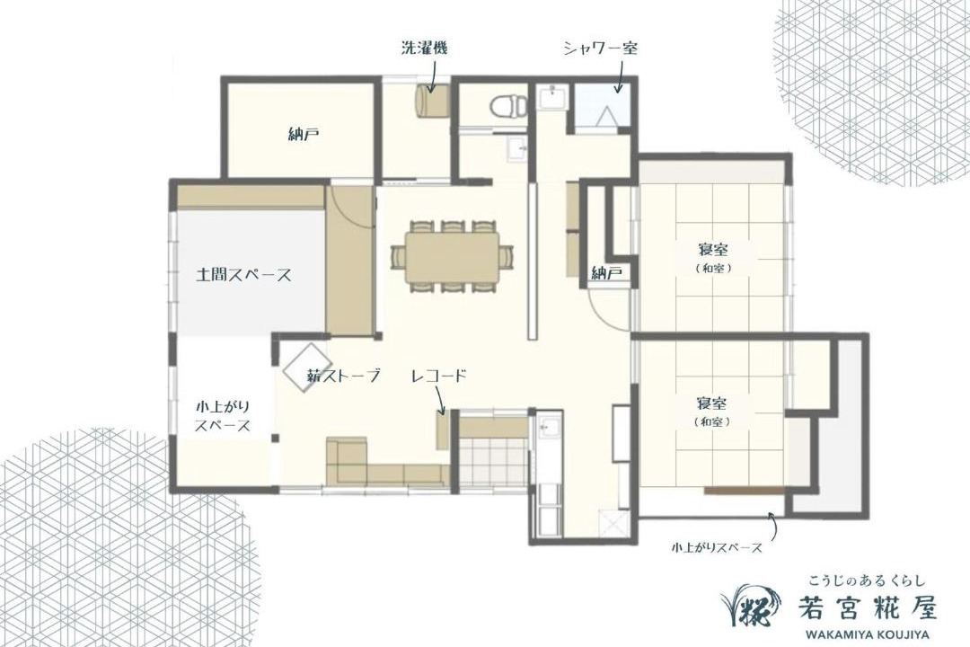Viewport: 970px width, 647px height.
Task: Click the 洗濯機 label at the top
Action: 424,49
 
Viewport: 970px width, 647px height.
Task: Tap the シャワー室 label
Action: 600,49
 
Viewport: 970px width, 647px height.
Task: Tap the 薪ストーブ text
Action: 343,376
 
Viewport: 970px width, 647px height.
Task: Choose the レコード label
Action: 438,376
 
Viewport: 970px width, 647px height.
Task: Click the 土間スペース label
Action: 243,275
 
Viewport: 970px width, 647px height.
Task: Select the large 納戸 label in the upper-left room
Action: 304,134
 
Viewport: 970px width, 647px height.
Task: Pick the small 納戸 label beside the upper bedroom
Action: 606,273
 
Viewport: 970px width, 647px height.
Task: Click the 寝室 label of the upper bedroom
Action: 713,250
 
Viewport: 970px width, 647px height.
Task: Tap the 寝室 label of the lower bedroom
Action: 713,403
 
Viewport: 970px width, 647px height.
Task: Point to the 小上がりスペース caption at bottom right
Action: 717,547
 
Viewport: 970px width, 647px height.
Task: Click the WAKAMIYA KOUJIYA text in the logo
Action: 867,634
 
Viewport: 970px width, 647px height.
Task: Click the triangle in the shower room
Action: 605,116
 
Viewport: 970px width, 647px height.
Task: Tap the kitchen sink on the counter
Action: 548,426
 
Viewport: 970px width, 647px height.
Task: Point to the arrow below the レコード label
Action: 440,400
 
